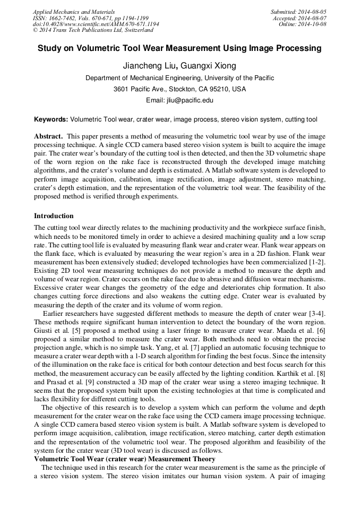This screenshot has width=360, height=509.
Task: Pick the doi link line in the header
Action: pyautogui.click(x=96, y=24)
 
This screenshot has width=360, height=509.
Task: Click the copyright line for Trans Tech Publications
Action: pyautogui.click(x=93, y=30)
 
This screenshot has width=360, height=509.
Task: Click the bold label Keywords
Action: pyautogui.click(x=51, y=120)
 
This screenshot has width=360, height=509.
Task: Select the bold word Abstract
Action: pyautogui.click(x=49, y=136)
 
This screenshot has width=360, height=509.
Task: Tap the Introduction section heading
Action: pyautogui.click(x=54, y=216)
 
